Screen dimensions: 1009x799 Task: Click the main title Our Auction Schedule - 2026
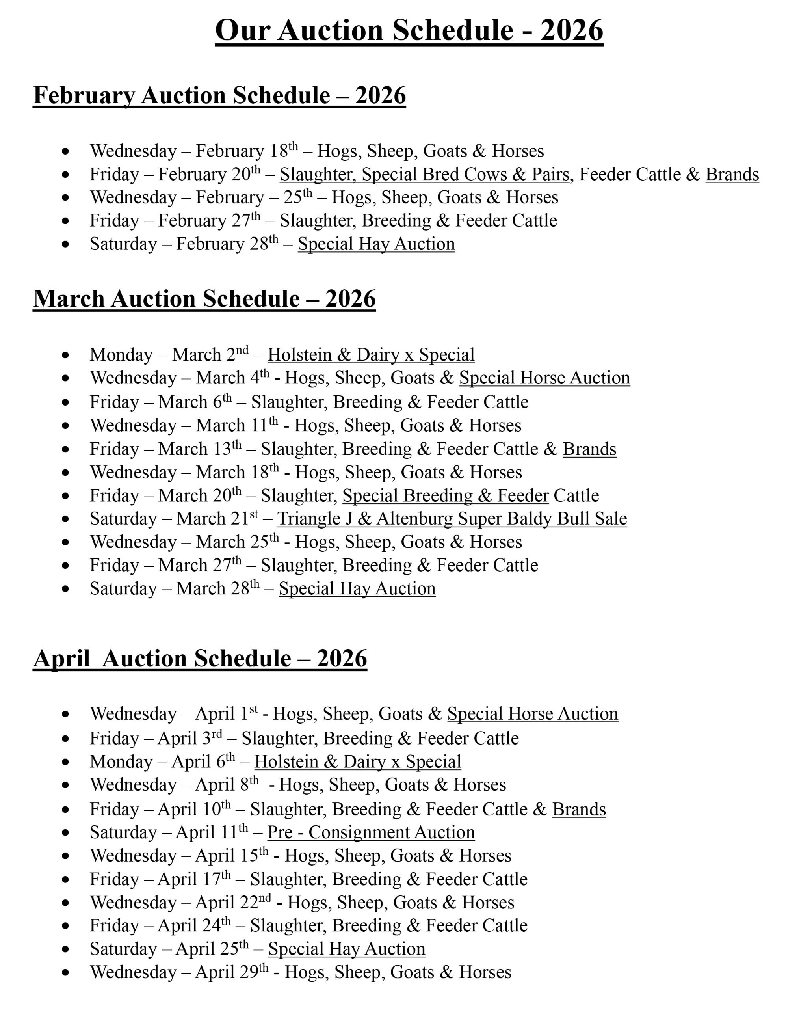pos(409,31)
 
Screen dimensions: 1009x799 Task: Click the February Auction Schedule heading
pos(219,95)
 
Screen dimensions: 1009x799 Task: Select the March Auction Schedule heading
pos(204,299)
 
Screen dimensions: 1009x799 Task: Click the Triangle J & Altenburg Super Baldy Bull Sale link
pos(452,519)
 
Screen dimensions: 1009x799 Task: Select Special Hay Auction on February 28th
pos(376,244)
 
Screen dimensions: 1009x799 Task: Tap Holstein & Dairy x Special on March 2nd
pos(371,355)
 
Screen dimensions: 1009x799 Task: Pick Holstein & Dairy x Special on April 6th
pos(358,762)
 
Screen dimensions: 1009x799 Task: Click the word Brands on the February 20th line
pos(732,175)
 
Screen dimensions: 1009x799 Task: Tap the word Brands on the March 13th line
pos(589,449)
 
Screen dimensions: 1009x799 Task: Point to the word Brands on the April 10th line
pos(579,810)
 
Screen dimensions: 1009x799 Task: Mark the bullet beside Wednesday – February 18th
pos(65,152)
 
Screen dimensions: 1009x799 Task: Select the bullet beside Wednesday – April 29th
pos(65,973)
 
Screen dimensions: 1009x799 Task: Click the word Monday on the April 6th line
pos(121,762)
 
